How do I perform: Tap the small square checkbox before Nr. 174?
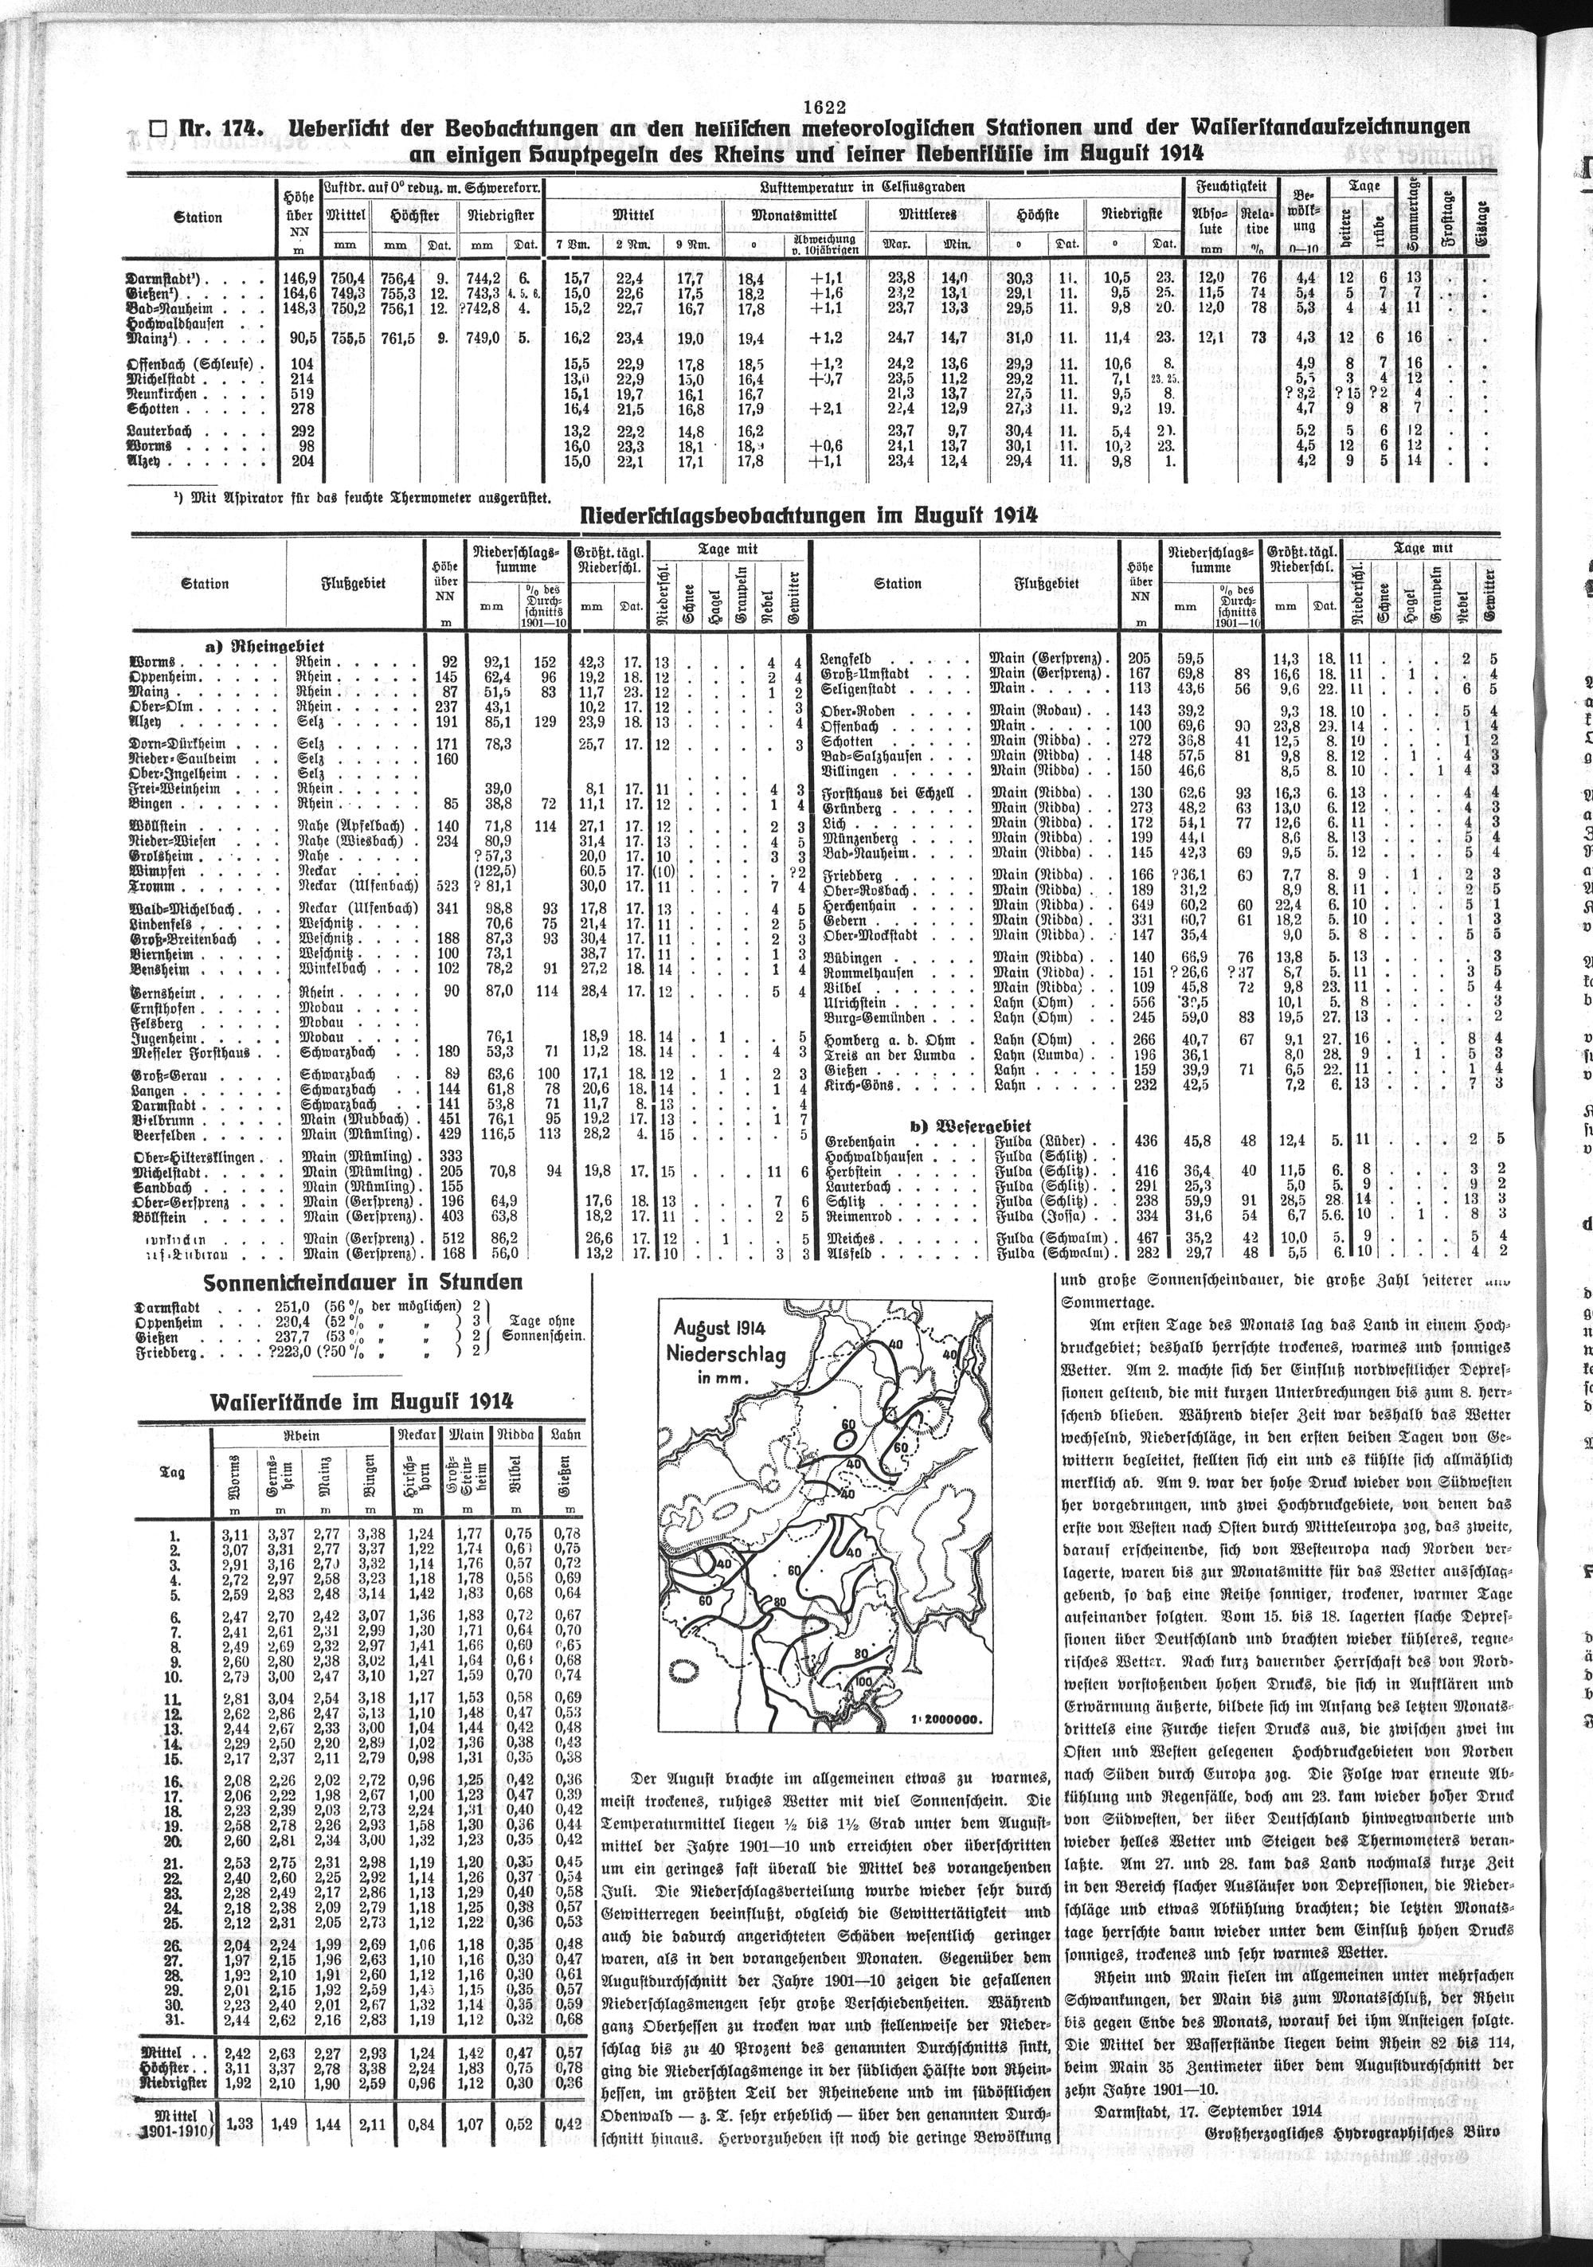[x=155, y=128]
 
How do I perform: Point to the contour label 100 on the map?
[x=865, y=1682]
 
